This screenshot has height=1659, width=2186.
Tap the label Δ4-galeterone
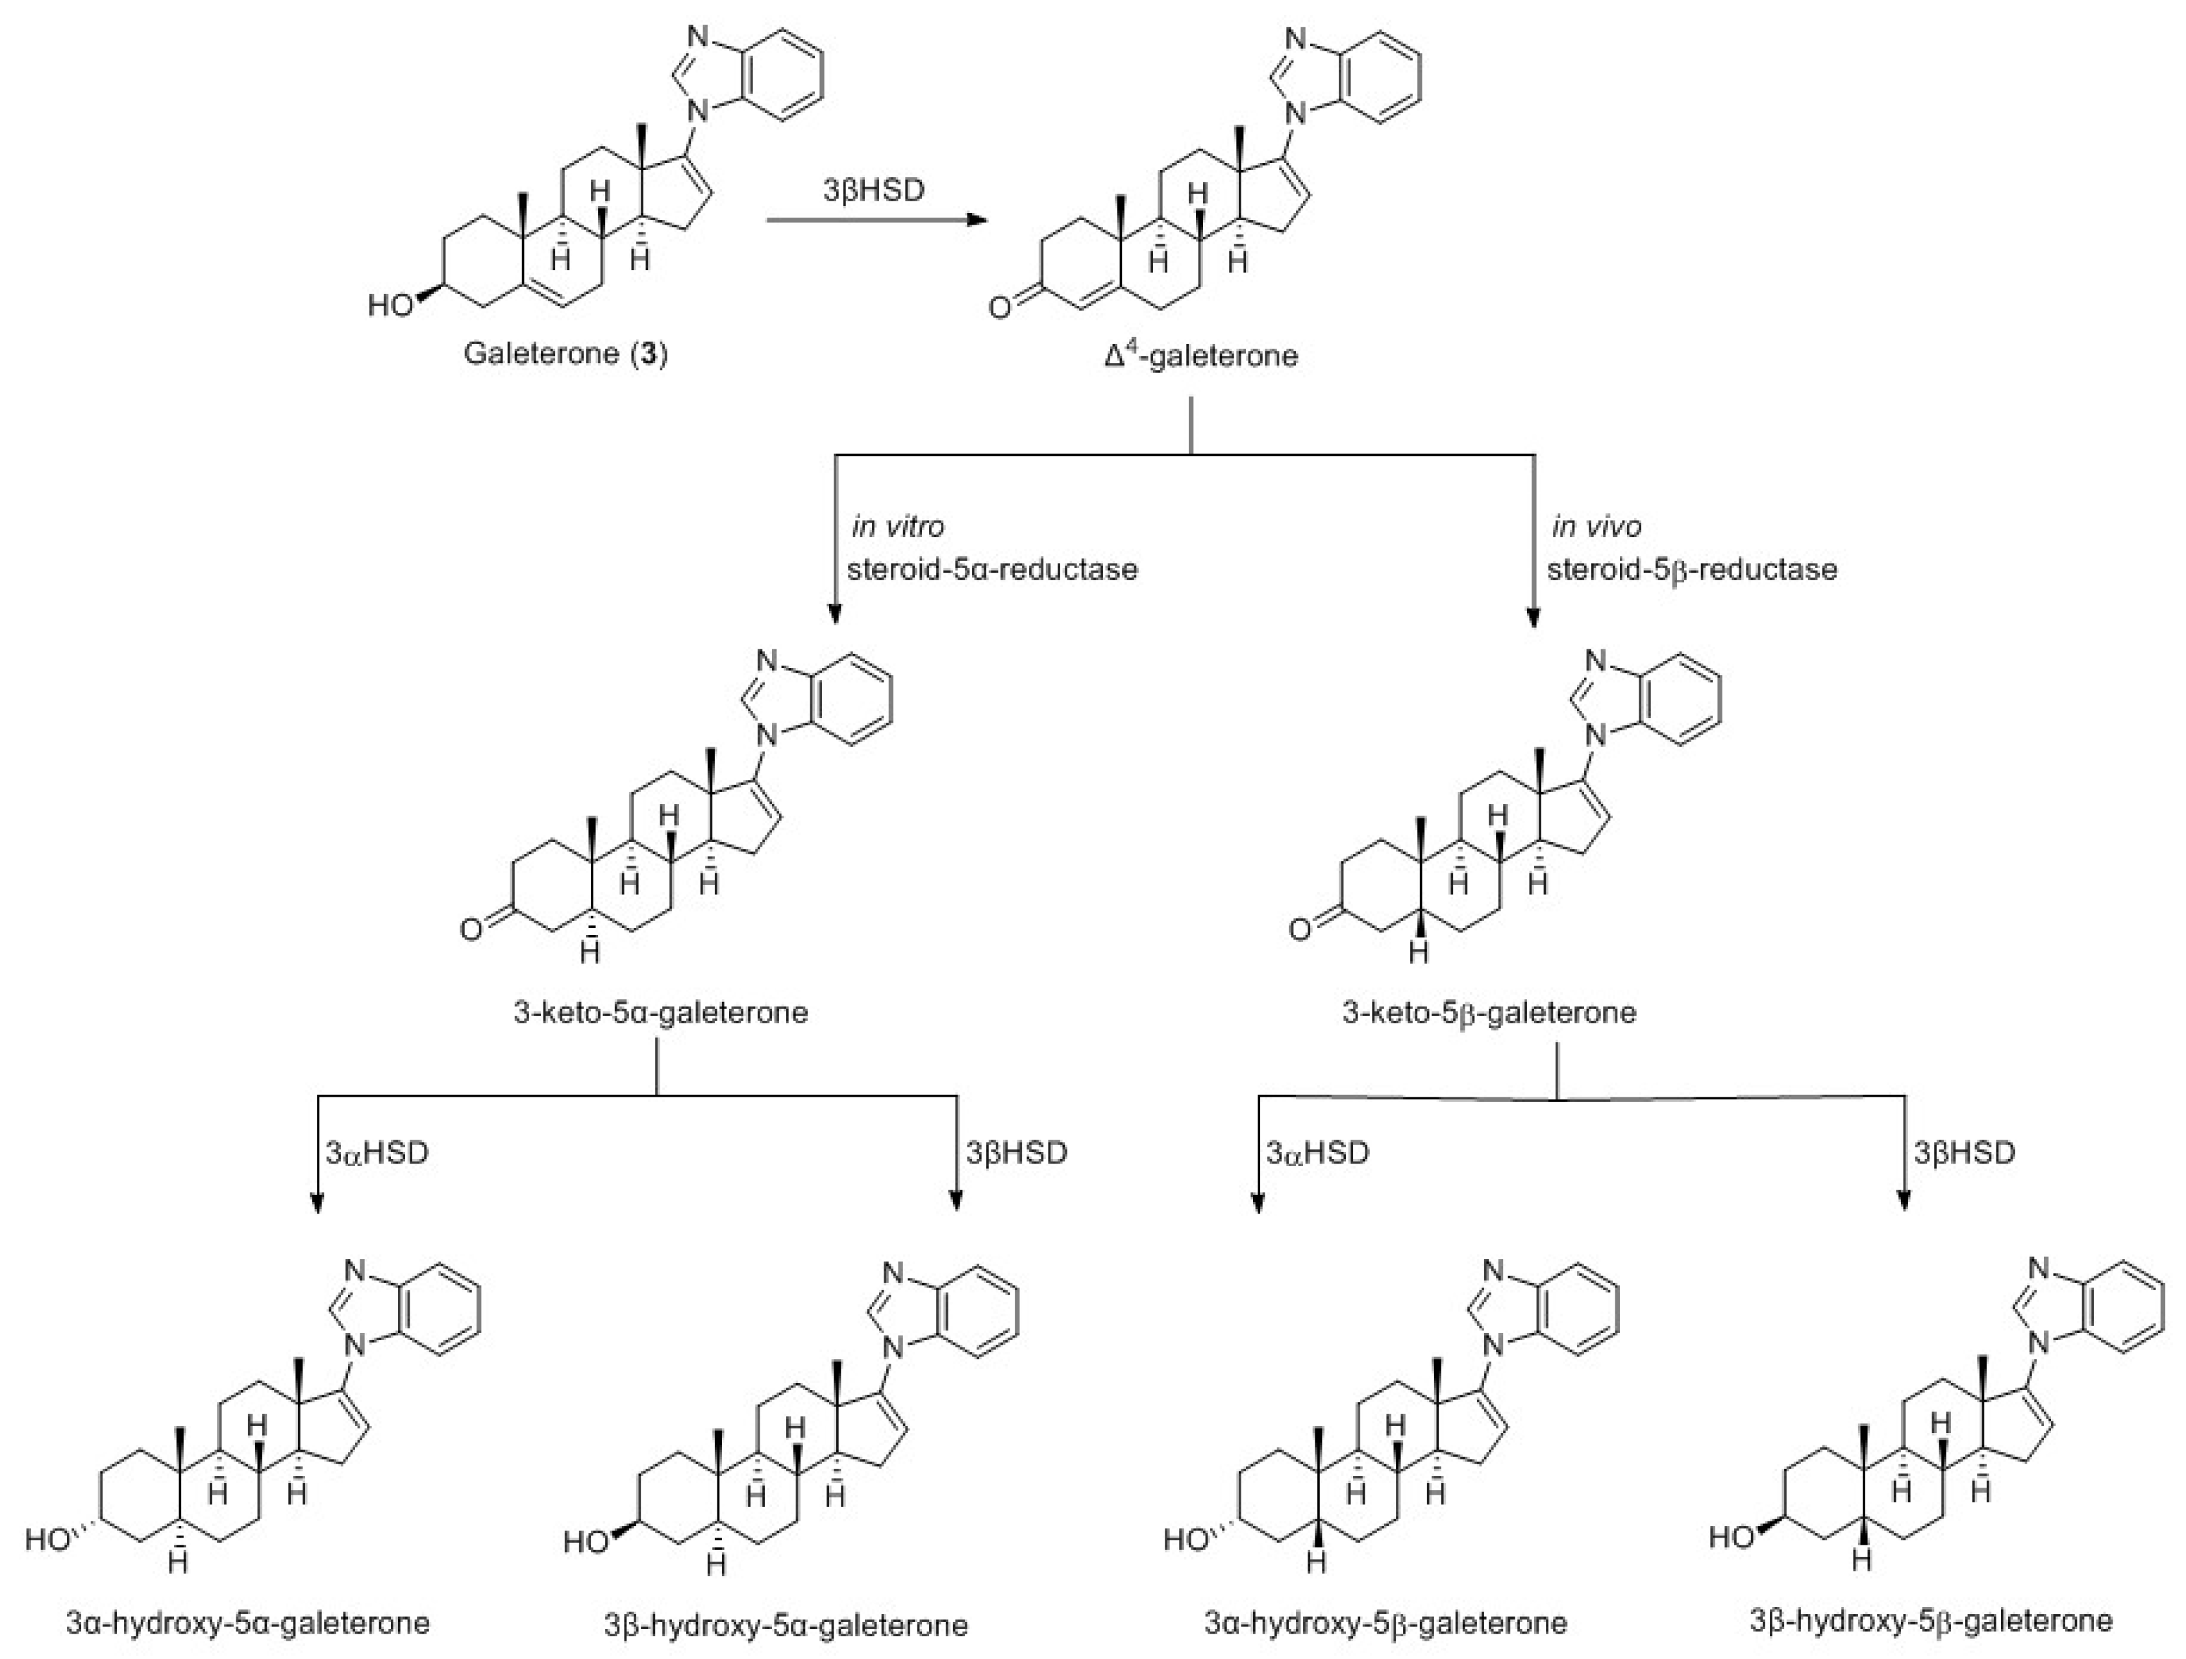pos(1200,355)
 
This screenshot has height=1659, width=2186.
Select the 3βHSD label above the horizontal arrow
pos(874,190)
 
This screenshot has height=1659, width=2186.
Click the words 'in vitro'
pos(897,527)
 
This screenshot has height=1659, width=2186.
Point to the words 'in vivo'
pos(1596,527)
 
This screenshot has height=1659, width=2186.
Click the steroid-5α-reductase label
pos(991,570)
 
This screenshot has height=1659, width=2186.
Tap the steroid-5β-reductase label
pos(1691,570)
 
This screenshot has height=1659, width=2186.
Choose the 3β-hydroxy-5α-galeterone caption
pos(786,1625)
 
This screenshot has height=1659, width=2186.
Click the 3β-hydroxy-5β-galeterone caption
pos(1931,1621)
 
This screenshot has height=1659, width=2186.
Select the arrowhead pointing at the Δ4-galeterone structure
pos(978,220)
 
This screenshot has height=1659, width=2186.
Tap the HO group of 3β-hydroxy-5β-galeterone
pos(1732,1538)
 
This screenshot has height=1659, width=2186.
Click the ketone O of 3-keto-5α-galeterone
pos(471,930)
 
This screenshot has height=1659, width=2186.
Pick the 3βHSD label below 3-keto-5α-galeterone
pos(1016,1153)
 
